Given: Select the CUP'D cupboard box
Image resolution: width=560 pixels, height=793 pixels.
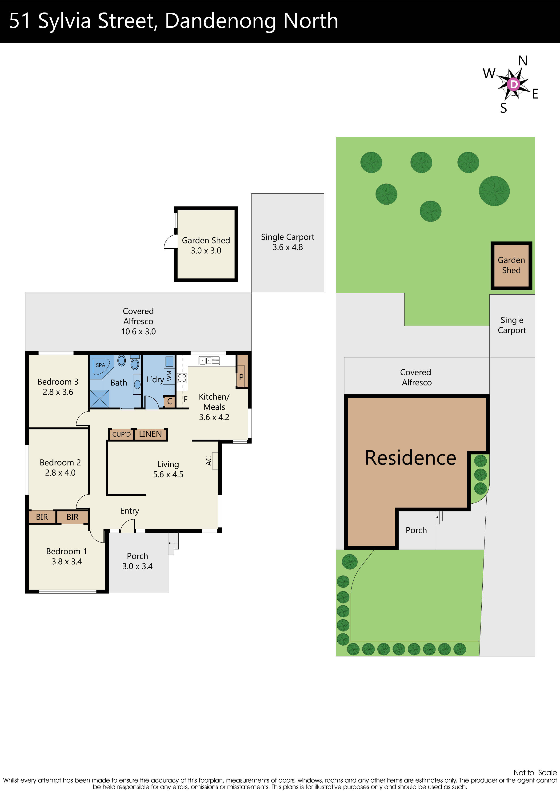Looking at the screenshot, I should click(121, 434).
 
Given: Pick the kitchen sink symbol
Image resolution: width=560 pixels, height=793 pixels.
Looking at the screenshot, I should click(209, 360).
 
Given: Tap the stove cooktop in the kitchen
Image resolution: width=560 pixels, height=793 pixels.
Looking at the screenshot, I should click(182, 378).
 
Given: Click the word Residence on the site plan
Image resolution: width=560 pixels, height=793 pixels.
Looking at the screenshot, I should click(411, 458).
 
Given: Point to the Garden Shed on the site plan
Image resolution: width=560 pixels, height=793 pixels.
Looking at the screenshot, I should click(511, 265).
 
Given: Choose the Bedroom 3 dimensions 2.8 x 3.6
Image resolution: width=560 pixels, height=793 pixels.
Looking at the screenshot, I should click(58, 392).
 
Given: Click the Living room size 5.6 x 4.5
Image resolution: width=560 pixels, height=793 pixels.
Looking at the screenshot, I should click(168, 475).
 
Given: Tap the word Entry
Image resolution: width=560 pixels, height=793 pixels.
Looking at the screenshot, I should click(129, 511).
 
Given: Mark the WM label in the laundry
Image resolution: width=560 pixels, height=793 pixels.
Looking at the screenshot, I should click(169, 376).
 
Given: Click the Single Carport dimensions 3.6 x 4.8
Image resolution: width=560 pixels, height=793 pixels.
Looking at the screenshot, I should click(288, 247).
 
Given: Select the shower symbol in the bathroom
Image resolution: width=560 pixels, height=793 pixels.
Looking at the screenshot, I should click(100, 399).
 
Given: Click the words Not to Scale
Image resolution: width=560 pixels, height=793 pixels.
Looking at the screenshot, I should click(535, 773).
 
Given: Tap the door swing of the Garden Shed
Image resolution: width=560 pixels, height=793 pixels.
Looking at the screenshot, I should click(170, 242).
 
